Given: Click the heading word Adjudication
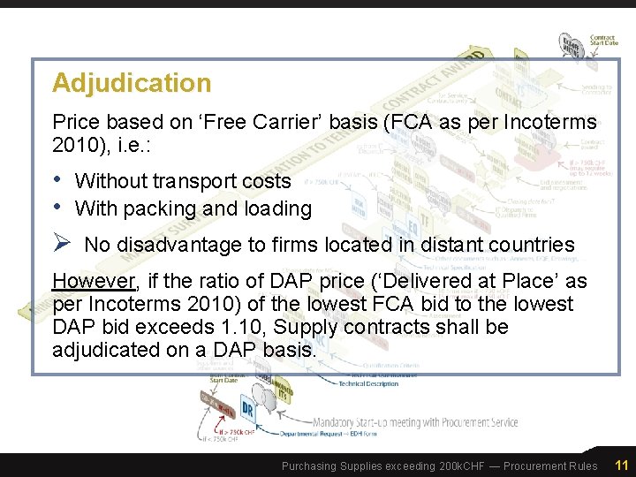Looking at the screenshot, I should pos(132,83).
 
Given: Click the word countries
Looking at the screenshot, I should pos(530,245).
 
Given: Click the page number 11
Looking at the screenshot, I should pos(621,466).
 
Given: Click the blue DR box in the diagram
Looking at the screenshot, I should pos(248,412).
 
